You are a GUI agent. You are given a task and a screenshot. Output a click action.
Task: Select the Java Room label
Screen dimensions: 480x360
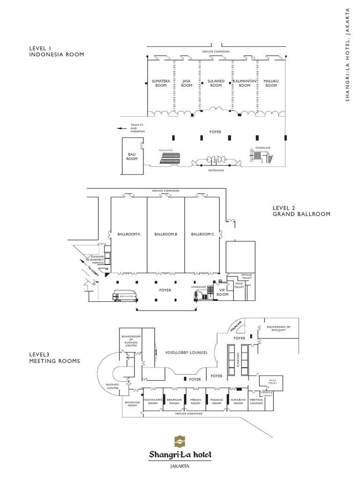(187, 83)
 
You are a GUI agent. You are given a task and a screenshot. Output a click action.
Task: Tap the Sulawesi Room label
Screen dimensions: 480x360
(216, 83)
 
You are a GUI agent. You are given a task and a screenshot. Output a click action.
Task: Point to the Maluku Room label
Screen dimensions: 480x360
(271, 83)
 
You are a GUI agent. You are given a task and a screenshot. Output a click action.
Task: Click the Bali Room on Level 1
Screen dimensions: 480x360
(132, 156)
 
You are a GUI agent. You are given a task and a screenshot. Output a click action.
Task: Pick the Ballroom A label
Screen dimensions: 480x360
(128, 233)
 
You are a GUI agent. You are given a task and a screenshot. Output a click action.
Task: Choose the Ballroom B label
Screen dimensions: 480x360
(165, 233)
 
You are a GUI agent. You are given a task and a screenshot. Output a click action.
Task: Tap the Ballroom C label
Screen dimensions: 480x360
(202, 233)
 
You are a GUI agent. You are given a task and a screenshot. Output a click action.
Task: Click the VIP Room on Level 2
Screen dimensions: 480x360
(223, 292)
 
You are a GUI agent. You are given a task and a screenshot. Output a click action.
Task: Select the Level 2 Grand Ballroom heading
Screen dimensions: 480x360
(301, 210)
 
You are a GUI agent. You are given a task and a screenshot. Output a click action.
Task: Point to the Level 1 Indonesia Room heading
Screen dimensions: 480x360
(56, 51)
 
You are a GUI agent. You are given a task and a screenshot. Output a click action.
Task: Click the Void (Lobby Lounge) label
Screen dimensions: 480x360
(186, 352)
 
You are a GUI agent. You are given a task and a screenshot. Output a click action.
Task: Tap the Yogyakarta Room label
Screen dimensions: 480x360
(153, 401)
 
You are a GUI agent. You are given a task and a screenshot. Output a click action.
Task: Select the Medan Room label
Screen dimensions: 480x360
(195, 401)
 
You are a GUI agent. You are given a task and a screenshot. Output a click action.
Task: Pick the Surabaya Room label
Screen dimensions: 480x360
(238, 401)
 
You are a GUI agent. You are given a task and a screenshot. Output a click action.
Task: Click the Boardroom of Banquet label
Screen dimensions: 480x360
(278, 329)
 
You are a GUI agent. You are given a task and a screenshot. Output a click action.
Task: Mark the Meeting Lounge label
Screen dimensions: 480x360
(256, 401)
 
